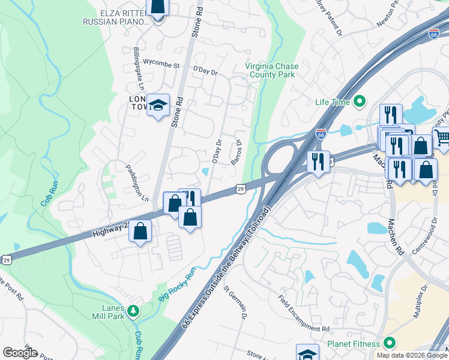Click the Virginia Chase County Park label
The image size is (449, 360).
[x=270, y=71]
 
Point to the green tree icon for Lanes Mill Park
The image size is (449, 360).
[x=133, y=311]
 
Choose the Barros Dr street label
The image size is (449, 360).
[x=236, y=154]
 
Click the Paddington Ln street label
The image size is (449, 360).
[x=137, y=181]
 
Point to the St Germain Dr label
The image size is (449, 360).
[x=236, y=305]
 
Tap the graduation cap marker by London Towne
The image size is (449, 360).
[x=158, y=105]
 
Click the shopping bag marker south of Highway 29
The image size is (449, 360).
[x=140, y=230]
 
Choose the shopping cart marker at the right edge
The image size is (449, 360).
[x=442, y=137]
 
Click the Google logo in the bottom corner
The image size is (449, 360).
[x=20, y=353]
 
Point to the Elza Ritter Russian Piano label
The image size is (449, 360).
[x=116, y=17]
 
